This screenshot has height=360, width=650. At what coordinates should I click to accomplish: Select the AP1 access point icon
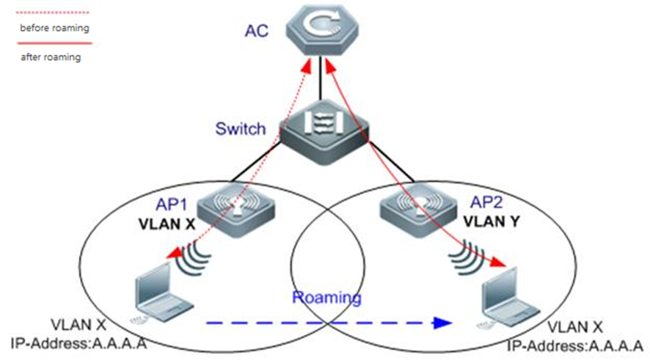[238, 207]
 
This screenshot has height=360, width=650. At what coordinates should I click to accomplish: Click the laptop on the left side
[157, 295]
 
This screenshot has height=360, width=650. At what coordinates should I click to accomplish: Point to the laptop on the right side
[505, 296]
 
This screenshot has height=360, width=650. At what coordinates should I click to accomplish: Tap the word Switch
[240, 130]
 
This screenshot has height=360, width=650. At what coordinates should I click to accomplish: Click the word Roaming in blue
[327, 298]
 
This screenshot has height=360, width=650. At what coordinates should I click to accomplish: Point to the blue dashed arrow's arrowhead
[442, 323]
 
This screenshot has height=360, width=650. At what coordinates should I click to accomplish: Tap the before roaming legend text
[54, 29]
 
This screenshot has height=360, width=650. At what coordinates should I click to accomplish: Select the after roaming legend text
[51, 56]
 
